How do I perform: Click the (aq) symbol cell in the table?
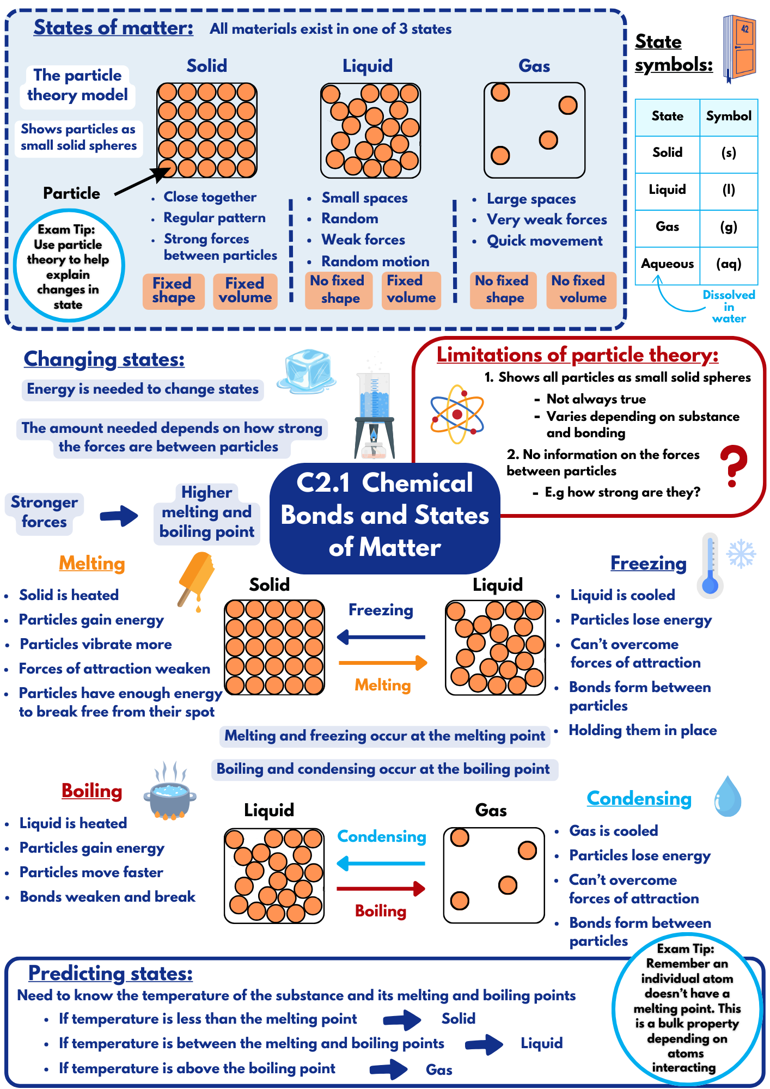tap(729, 264)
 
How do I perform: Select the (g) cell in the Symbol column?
tap(729, 227)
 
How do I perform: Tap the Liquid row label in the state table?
tap(667, 190)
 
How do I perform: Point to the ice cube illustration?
tap(307, 370)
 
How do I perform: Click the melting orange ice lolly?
tap(197, 578)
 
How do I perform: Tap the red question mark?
tap(734, 466)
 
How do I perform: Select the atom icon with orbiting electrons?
tap(456, 414)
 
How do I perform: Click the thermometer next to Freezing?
tap(710, 566)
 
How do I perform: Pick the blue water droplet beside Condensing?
tap(728, 797)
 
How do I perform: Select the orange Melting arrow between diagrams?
tap(383, 663)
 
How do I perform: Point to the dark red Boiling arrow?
tap(381, 889)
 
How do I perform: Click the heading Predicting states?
tap(111, 973)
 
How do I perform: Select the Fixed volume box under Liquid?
tap(411, 290)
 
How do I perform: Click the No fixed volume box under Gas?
tap(580, 290)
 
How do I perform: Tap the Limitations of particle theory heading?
tap(577, 355)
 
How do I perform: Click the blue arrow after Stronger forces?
tap(119, 515)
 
